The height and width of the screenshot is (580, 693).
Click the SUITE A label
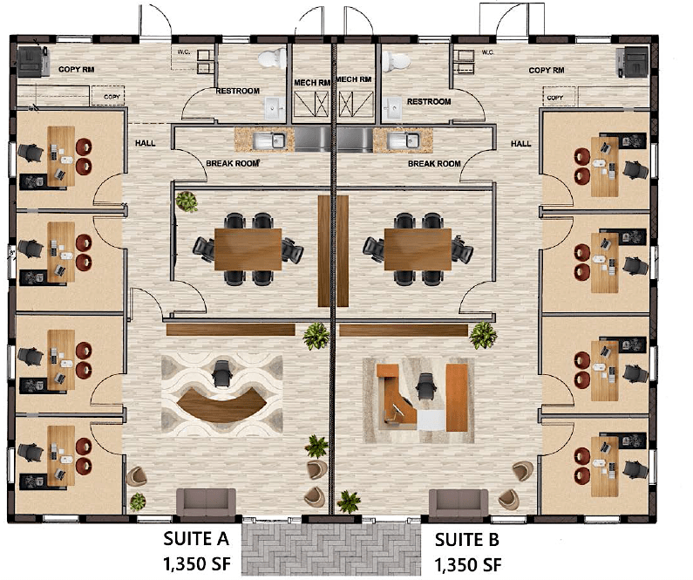pyautogui.click(x=196, y=538)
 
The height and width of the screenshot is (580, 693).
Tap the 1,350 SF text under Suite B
pyautogui.click(x=468, y=564)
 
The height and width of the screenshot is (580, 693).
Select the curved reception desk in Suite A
pyautogui.click(x=222, y=404)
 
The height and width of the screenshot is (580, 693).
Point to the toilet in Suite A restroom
pyautogui.click(x=272, y=58)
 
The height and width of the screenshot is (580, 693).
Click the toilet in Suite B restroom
pyautogui.click(x=397, y=61)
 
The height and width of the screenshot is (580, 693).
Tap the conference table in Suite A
pyautogui.click(x=248, y=249)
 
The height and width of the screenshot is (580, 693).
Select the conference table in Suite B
pyautogui.click(x=418, y=249)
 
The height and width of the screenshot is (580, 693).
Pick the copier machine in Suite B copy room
pyautogui.click(x=634, y=61)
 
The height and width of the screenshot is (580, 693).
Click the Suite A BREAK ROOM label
pyautogui.click(x=233, y=164)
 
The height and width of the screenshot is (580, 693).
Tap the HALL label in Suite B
pyautogui.click(x=521, y=144)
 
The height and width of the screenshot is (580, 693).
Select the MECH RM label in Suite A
pyautogui.click(x=312, y=83)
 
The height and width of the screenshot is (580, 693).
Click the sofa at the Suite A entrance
pyautogui.click(x=206, y=502)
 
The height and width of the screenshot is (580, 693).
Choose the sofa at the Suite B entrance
pyautogui.click(x=459, y=503)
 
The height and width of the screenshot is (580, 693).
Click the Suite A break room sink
pyautogui.click(x=268, y=140)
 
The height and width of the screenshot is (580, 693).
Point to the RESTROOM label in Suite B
pyautogui.click(x=429, y=102)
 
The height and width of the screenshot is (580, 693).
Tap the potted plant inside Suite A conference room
pyautogui.click(x=187, y=201)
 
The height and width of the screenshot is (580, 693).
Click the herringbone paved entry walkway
pyautogui.click(x=331, y=549)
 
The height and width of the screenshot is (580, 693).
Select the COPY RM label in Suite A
pyautogui.click(x=77, y=70)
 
